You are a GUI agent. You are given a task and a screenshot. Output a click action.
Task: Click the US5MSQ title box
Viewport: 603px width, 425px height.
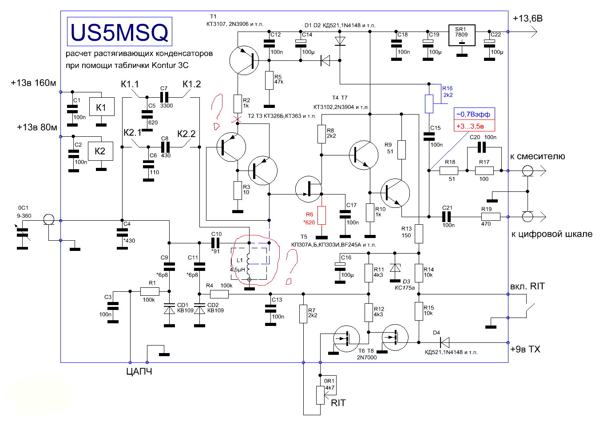click(x=119, y=32)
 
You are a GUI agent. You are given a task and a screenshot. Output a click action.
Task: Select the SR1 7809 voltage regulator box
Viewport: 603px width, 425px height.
click(x=462, y=35)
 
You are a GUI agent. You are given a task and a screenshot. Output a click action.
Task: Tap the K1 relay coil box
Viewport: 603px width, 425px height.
click(x=102, y=107)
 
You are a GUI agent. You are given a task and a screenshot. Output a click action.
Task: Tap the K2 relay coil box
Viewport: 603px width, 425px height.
click(x=100, y=151)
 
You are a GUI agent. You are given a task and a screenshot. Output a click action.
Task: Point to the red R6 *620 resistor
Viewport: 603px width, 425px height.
click(x=321, y=215)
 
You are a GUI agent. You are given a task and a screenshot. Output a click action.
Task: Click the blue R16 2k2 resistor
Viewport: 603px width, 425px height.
click(x=429, y=103)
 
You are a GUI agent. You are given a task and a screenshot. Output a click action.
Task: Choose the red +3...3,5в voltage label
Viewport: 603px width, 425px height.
click(x=474, y=126)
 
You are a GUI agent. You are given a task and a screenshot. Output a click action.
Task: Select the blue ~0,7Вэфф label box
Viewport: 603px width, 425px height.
click(x=474, y=114)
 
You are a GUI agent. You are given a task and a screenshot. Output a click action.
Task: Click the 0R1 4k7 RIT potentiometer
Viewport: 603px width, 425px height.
click(x=320, y=395)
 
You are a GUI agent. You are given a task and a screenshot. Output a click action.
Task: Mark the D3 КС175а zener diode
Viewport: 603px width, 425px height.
click(x=395, y=268)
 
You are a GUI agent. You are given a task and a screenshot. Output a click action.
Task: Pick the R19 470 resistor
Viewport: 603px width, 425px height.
click(x=491, y=217)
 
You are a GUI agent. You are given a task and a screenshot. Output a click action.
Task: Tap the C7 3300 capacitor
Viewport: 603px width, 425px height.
click(x=164, y=97)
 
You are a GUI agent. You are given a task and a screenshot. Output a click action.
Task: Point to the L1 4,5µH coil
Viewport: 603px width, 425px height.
click(x=249, y=265)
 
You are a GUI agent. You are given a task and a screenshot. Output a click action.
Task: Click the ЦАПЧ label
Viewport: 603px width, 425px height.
click(x=139, y=372)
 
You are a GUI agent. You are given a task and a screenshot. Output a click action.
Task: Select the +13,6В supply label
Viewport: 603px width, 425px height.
click(x=528, y=18)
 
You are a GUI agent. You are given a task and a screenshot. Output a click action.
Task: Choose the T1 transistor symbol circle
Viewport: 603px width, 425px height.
click(x=244, y=60)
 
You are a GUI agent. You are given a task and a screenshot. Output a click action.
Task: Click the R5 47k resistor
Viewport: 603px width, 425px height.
click(x=269, y=80)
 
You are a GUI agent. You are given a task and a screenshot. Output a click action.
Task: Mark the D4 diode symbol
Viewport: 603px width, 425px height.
click(x=444, y=343)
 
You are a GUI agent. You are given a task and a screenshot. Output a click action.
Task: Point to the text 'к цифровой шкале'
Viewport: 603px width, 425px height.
click(x=551, y=234)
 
